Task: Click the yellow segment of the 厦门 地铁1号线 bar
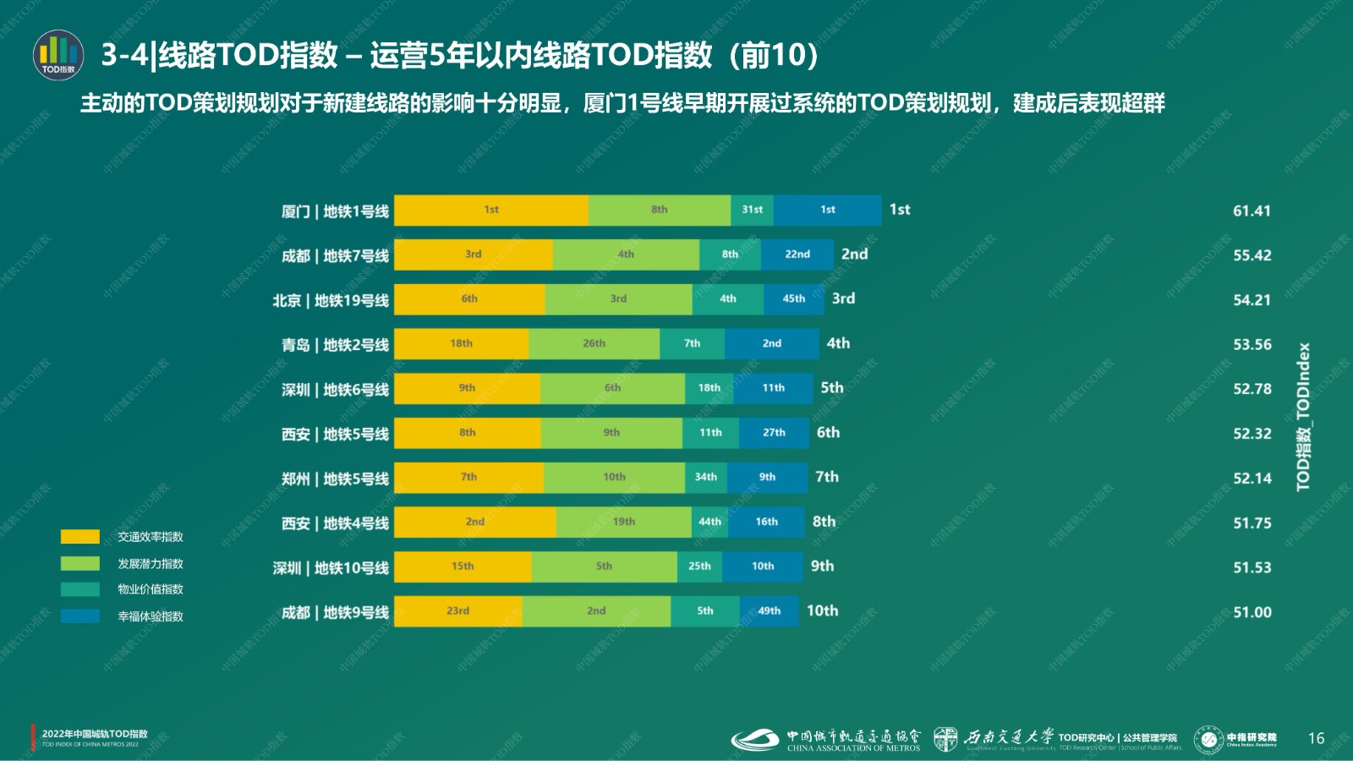491,211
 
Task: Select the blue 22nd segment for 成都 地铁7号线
797,255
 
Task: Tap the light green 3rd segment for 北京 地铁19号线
618,299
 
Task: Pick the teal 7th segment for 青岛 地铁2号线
692,344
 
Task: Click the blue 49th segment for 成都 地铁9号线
769,611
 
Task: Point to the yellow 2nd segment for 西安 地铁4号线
475,523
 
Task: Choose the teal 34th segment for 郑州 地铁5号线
705,478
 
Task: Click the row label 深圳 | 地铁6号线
335,390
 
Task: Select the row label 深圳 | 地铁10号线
331,568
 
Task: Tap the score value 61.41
1252,211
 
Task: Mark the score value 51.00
1252,612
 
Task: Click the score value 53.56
1252,344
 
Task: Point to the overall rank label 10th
822,610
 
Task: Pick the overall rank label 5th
832,387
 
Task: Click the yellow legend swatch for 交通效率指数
80,537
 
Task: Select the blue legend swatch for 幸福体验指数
80,616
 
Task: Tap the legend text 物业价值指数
151,589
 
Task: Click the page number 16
1316,738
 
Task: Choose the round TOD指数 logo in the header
58,55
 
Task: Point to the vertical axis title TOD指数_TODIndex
1303,416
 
